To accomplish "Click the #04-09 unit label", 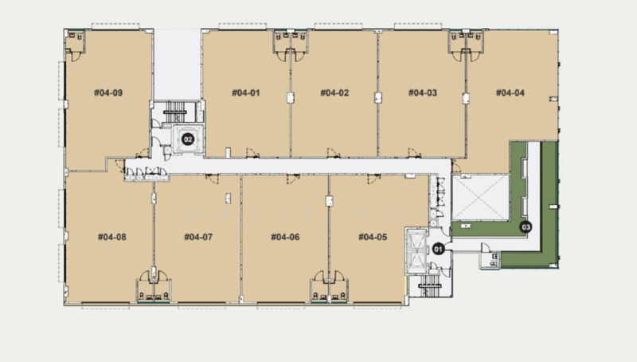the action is pos(108,92).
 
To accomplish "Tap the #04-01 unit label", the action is pos(245,92).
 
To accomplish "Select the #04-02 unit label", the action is pos(334,92).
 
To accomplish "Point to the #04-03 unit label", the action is pos(423,92).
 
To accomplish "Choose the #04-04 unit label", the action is pos(510,92).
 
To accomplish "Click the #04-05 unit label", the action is pos(373,237).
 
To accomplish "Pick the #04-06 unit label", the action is pos(285,237).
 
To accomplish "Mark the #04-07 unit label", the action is pos(198,237).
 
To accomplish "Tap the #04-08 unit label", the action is pos(111,237).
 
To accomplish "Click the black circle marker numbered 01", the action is pos(438,248).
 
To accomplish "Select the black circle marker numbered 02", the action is pos(187,140).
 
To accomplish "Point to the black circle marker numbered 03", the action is pos(526,227).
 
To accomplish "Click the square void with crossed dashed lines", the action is pos(481,197).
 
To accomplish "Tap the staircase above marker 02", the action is pos(175,112).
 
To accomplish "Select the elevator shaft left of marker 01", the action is pos(416,251).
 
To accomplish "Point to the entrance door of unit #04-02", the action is pos(333,153).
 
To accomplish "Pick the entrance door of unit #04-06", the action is pos(292,179).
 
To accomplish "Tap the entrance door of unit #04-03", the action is pos(414,153).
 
